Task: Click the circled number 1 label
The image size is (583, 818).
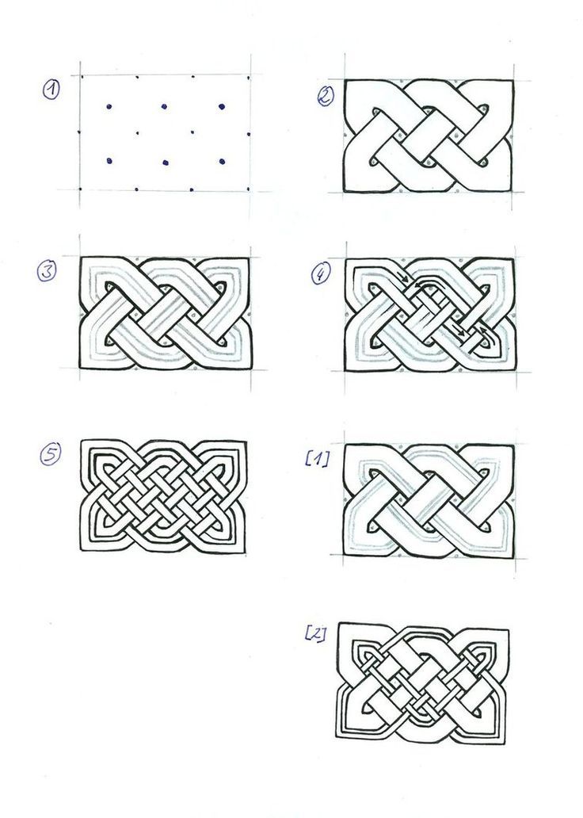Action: tap(51, 90)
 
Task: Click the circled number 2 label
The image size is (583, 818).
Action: tap(326, 95)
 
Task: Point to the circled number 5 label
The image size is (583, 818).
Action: tap(50, 453)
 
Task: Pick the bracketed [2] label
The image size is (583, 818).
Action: tap(315, 633)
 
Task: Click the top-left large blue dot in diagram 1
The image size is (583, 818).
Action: tap(109, 107)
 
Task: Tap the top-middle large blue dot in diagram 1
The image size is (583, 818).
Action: tap(164, 106)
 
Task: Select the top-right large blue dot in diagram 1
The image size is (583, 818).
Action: tap(222, 106)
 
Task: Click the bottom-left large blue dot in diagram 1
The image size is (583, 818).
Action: tap(109, 161)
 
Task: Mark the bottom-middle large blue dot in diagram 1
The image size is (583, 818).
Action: tap(166, 162)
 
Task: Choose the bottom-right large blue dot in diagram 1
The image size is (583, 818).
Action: tap(222, 162)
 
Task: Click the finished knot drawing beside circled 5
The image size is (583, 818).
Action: tap(164, 496)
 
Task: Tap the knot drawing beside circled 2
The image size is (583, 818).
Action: tap(429, 136)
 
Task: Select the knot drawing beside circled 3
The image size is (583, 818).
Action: tap(165, 313)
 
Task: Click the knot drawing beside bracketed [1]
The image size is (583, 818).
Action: tap(429, 501)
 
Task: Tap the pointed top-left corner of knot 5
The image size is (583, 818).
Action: tap(82, 441)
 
